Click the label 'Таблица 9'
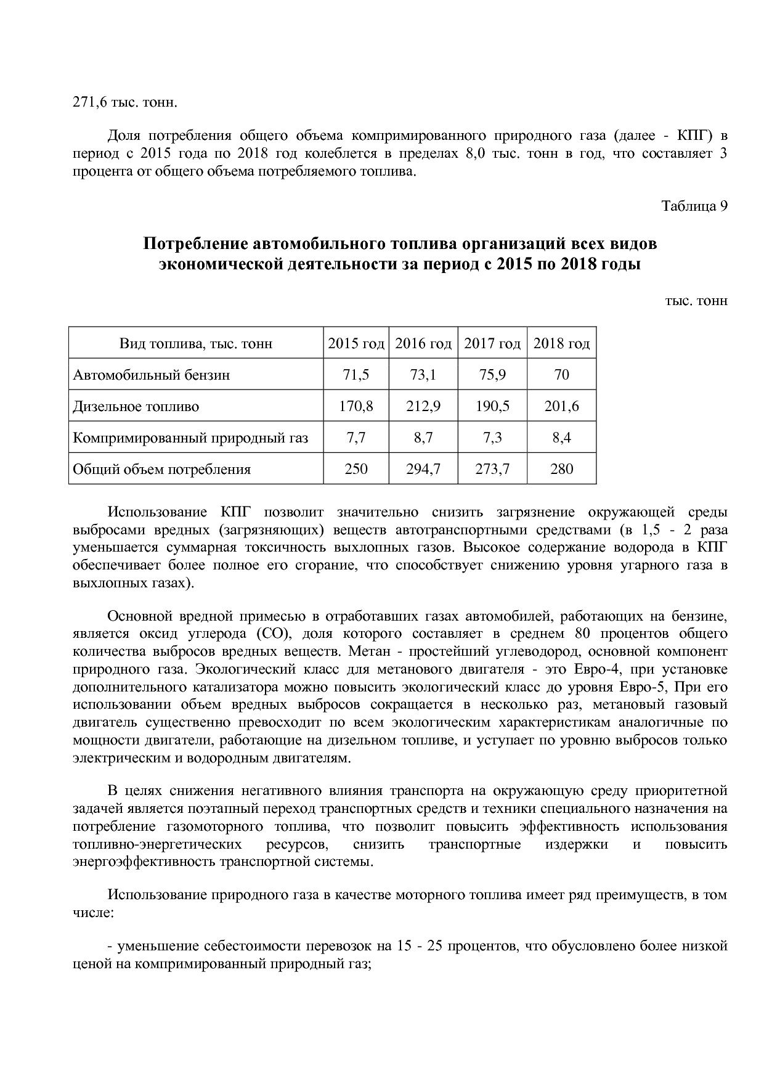click(x=694, y=206)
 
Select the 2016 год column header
click(x=423, y=343)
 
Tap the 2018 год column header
click(x=561, y=343)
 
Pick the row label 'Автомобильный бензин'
click(x=152, y=375)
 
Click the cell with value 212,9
click(x=423, y=407)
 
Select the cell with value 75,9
click(x=492, y=375)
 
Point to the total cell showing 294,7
click(x=423, y=470)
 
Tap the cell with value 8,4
click(x=561, y=438)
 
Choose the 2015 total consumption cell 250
click(x=356, y=470)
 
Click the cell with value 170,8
click(x=356, y=407)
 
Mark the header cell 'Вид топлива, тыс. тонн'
click(x=196, y=343)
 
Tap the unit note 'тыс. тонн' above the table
click(x=696, y=301)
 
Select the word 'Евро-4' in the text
click(x=595, y=669)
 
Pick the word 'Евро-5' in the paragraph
click(x=654, y=687)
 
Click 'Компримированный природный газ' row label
click(x=190, y=438)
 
